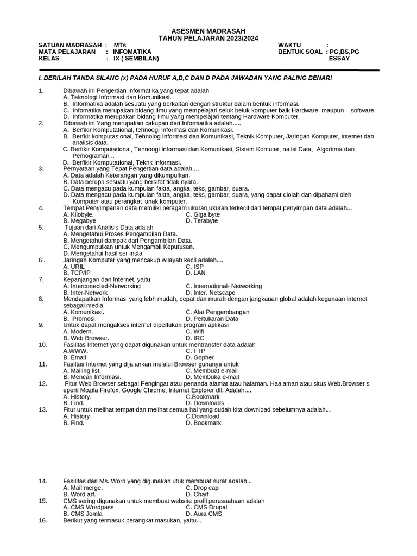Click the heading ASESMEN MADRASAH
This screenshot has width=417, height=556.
point(208,31)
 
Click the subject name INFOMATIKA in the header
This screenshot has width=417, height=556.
point(132,52)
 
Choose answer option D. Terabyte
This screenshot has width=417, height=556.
point(201,221)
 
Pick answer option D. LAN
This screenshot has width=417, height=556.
point(195,273)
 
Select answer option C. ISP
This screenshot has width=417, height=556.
point(194,267)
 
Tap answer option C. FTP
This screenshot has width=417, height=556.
point(195,351)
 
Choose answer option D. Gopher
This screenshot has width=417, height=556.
point(200,358)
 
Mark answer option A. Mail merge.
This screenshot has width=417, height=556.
point(83,488)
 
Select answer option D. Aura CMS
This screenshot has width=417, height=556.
point(204,514)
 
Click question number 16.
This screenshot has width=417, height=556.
point(43,520)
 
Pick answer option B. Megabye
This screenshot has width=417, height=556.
point(79,221)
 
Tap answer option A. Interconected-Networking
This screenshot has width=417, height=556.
point(102,286)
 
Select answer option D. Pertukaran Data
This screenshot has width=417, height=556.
point(212,319)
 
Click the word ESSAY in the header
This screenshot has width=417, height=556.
point(339,59)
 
